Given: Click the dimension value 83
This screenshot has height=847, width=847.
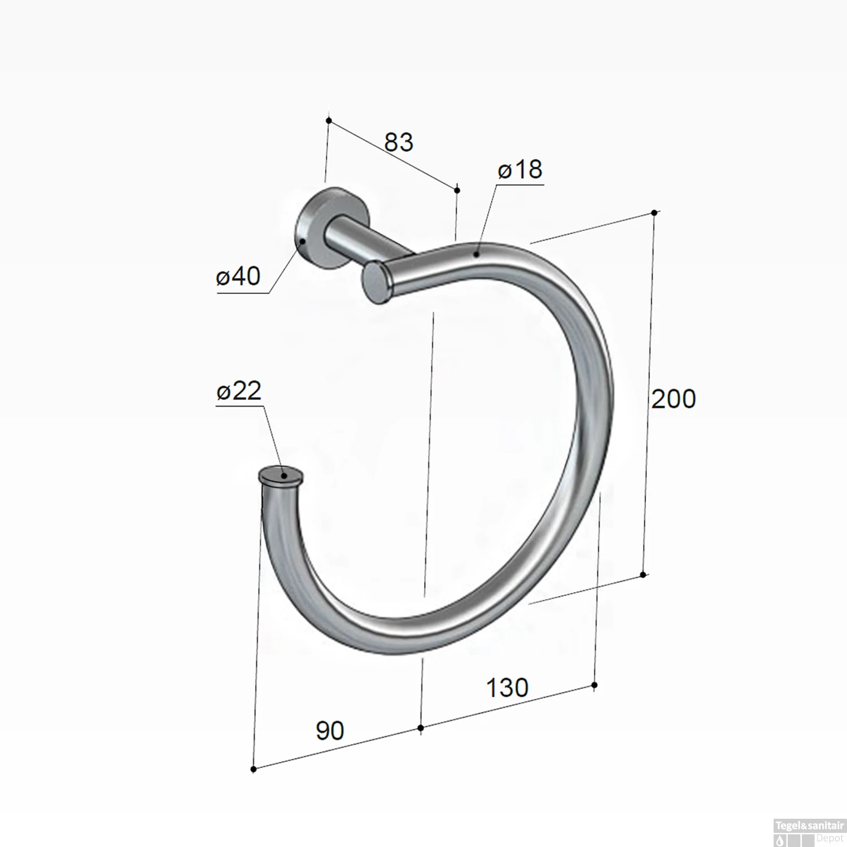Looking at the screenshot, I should pyautogui.click(x=399, y=142).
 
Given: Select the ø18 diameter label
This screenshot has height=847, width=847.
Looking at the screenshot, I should pyautogui.click(x=519, y=169).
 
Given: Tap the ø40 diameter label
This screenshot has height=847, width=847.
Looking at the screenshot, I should pyautogui.click(x=238, y=277).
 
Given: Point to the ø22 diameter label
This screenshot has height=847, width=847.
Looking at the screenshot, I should pyautogui.click(x=239, y=391).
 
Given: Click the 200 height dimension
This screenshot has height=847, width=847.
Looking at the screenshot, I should pyautogui.click(x=673, y=399).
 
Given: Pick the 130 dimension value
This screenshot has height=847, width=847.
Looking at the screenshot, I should pyautogui.click(x=507, y=687).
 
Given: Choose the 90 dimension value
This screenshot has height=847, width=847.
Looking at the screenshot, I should pyautogui.click(x=330, y=731).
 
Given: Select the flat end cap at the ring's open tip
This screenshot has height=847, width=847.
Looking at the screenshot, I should pyautogui.click(x=281, y=475).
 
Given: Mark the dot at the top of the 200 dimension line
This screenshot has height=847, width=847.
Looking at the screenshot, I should pyautogui.click(x=654, y=213).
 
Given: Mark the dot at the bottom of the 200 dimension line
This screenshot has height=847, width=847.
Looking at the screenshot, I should pyautogui.click(x=643, y=575).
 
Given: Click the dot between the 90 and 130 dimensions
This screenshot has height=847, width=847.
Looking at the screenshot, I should pyautogui.click(x=421, y=728).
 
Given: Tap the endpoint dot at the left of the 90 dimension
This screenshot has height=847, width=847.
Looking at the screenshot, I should pyautogui.click(x=254, y=769).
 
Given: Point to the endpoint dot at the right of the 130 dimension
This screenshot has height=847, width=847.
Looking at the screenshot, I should pyautogui.click(x=594, y=685).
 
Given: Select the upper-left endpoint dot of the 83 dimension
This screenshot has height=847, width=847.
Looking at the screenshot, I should pyautogui.click(x=329, y=120).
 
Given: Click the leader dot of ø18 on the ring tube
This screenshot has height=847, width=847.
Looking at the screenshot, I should pyautogui.click(x=477, y=255).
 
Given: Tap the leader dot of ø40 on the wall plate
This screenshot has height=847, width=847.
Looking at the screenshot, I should pyautogui.click(x=303, y=241).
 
